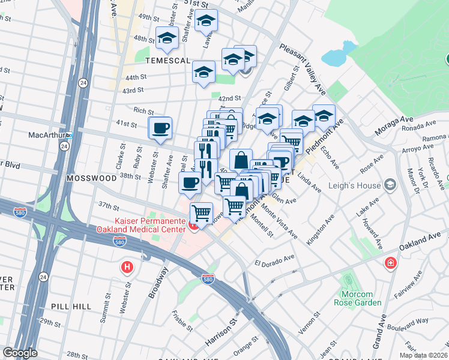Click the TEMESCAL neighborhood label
pyautogui.click(x=167, y=61)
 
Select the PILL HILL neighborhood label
pyautogui.click(x=70, y=306)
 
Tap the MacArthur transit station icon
pyautogui.click(x=69, y=135)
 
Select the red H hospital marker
pyautogui.click(x=127, y=267)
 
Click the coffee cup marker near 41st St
pyautogui.click(x=160, y=128)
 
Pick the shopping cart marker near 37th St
pyautogui.click(x=201, y=212)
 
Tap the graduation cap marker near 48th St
pyautogui.click(x=167, y=38)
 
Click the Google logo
pyautogui.click(x=20, y=353)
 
